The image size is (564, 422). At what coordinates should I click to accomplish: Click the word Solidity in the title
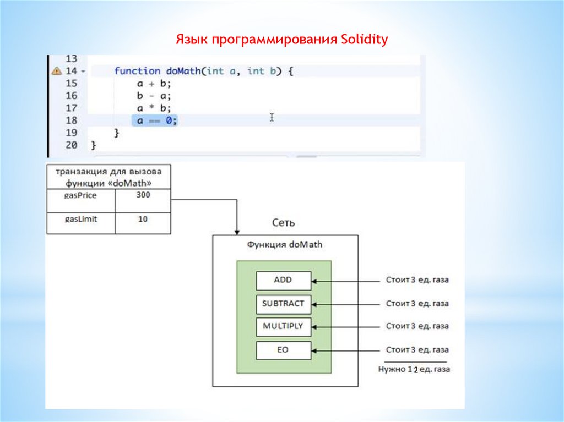pos(365,40)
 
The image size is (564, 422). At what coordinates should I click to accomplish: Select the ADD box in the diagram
pos(283,280)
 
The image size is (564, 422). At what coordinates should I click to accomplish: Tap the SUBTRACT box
pos(283,303)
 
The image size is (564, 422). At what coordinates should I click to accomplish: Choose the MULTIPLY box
pos(283,326)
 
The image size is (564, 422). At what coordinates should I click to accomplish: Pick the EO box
pos(283,350)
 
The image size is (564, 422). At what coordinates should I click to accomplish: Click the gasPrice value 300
pos(143,195)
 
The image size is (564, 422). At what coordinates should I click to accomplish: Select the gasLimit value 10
pos(143,219)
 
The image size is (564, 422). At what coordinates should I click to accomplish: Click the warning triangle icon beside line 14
pos(56,71)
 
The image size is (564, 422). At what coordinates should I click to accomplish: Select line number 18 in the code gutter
pos(71,120)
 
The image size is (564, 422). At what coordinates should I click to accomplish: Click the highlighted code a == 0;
pos(154,120)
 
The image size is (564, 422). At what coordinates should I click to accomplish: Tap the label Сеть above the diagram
pos(284,223)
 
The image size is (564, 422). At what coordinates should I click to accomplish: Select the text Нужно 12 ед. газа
pos(414,370)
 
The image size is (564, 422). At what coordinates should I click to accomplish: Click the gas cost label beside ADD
pos(417,280)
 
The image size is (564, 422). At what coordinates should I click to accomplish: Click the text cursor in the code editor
pos(272,118)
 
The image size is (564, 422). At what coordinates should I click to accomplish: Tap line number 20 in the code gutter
pos(71,145)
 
